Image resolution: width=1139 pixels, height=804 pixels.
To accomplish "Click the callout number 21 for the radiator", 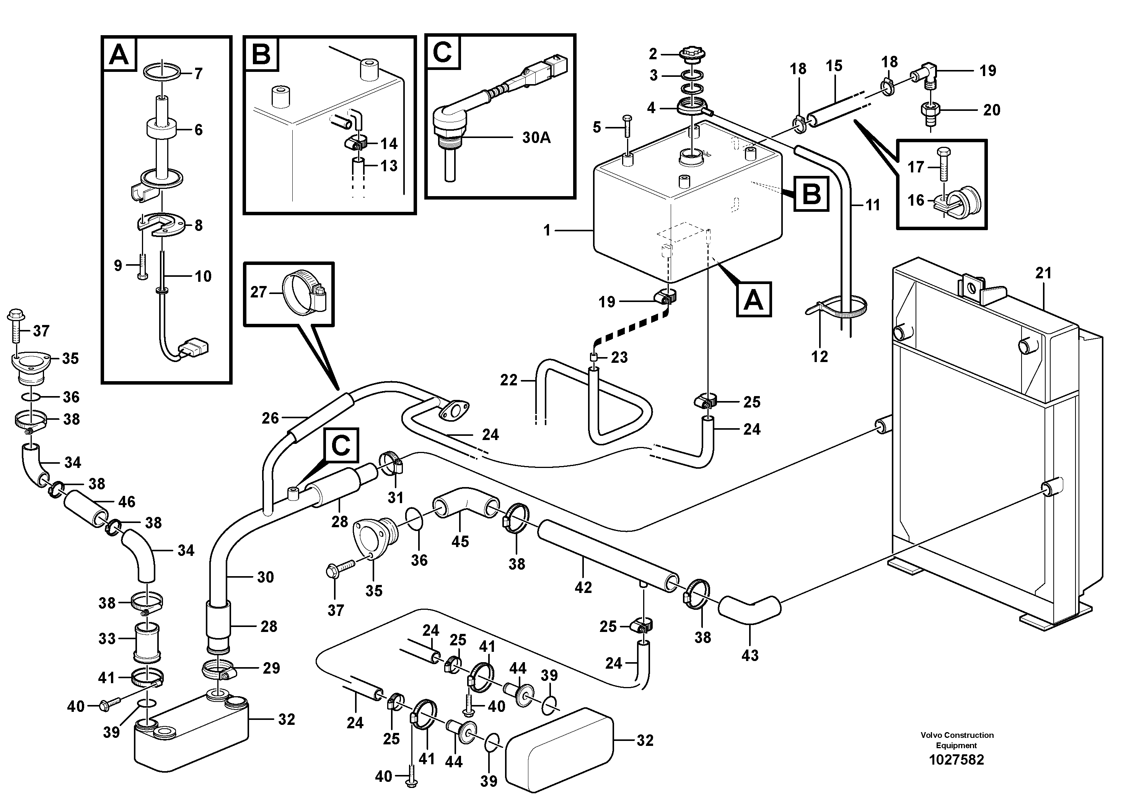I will [x=1043, y=273].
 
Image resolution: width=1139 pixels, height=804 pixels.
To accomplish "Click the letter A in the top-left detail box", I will [x=119, y=55].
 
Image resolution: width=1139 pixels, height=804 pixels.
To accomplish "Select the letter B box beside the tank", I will [x=811, y=194].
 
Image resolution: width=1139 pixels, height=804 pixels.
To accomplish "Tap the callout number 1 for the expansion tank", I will [x=547, y=231].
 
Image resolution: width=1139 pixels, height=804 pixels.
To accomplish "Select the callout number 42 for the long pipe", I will [x=583, y=587].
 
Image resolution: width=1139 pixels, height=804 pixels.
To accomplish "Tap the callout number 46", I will [x=127, y=502].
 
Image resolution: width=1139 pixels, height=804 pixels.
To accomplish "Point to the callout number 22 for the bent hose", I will [x=508, y=380].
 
